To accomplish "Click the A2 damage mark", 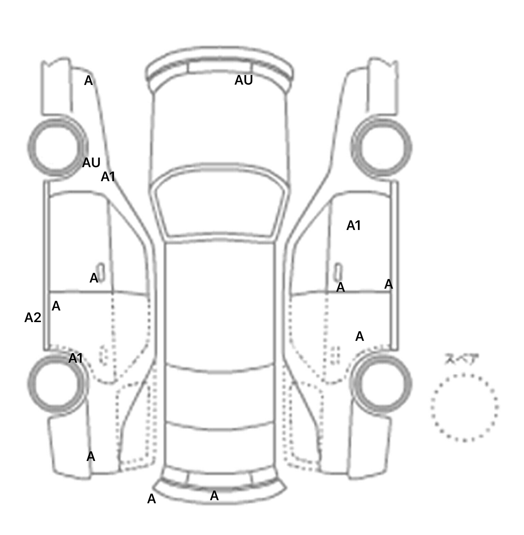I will [x=33, y=318].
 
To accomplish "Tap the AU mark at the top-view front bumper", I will [x=244, y=80].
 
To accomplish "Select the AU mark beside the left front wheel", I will [x=91, y=163].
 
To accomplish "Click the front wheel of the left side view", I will [x=57, y=148].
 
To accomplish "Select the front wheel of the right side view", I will [x=381, y=148].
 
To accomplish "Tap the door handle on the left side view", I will [x=101, y=272].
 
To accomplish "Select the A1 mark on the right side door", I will [x=353, y=226].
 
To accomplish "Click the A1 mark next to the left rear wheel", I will [x=76, y=358].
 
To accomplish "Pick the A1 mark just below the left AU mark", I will [x=108, y=177].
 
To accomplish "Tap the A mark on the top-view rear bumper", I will [x=214, y=496].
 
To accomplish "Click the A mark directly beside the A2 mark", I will [x=56, y=306].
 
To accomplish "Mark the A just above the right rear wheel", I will [x=360, y=336].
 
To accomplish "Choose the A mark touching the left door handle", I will [x=93, y=278].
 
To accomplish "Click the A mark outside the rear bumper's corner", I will [x=151, y=499].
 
